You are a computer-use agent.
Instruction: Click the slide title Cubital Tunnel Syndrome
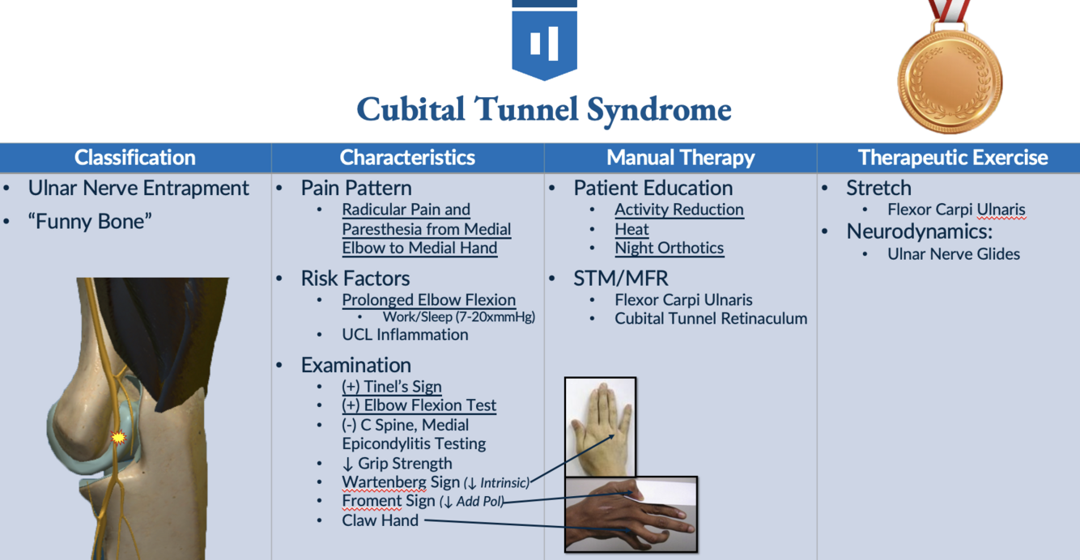(544, 110)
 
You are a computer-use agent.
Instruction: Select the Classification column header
(135, 157)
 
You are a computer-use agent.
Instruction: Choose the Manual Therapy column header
(680, 157)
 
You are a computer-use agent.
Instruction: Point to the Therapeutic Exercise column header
(953, 157)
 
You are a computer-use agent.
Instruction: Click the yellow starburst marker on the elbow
(118, 437)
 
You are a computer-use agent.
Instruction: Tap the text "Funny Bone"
(90, 221)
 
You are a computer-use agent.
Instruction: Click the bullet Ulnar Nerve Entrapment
(138, 188)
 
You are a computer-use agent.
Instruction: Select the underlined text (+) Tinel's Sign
(392, 387)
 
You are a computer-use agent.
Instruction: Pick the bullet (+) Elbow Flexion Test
(419, 405)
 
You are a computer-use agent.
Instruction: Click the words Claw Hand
(380, 520)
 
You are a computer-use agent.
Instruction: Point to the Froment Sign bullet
(389, 501)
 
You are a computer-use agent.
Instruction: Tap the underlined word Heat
(631, 229)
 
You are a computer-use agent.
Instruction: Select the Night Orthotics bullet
(669, 248)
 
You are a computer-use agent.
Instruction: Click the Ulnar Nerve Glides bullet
(953, 254)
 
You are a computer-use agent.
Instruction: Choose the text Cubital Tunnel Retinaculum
(710, 319)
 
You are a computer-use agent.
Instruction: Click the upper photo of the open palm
(600, 426)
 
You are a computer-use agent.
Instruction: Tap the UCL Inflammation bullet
(405, 334)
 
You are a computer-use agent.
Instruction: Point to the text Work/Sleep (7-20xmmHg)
(458, 317)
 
